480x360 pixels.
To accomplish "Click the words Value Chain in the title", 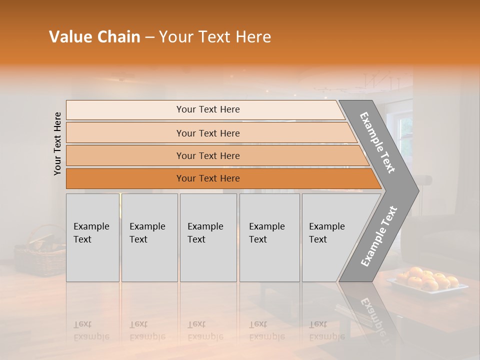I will click(94, 37).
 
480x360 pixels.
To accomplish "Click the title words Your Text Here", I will click(215, 37).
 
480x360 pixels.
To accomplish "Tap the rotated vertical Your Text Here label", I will click(57, 143).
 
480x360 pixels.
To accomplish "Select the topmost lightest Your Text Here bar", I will click(207, 109).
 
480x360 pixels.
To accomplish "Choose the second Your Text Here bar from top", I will click(207, 133).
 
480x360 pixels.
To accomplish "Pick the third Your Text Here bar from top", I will click(207, 155).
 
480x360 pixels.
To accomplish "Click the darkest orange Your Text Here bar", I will click(207, 178).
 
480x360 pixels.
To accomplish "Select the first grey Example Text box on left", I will click(92, 237).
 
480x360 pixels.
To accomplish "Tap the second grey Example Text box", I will click(149, 237).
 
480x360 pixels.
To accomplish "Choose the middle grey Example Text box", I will click(208, 237).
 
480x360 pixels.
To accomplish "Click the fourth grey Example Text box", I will click(269, 237).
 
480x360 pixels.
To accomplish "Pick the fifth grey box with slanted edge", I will click(330, 237).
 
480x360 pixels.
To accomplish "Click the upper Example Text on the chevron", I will click(377, 142).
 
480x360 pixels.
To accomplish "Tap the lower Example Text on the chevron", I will click(378, 236).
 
